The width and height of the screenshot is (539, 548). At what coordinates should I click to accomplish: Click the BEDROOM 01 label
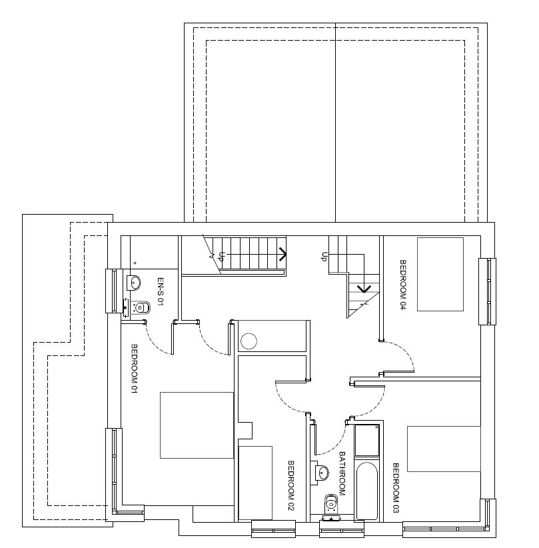pyautogui.click(x=134, y=369)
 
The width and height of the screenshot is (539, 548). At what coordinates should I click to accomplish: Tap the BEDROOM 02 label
pyautogui.click(x=290, y=485)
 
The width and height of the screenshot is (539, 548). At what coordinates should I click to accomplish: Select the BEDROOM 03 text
pyautogui.click(x=396, y=488)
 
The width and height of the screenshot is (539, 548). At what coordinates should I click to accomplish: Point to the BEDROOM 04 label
pyautogui.click(x=403, y=285)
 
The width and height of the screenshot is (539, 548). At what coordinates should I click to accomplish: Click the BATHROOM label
pyautogui.click(x=342, y=473)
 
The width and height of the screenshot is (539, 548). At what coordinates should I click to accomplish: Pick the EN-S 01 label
pyautogui.click(x=160, y=292)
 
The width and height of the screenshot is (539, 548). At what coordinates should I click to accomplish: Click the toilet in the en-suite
pyautogui.click(x=141, y=307)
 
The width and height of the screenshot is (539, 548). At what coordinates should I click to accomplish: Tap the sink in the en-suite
pyautogui.click(x=133, y=283)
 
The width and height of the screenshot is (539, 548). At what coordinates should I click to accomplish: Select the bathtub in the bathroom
pyautogui.click(x=367, y=491)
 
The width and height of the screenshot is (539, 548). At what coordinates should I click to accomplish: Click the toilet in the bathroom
pyautogui.click(x=331, y=503)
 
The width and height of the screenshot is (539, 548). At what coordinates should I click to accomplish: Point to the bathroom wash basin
pyautogui.click(x=322, y=473)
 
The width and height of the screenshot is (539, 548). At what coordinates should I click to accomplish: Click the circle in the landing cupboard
pyautogui.click(x=249, y=341)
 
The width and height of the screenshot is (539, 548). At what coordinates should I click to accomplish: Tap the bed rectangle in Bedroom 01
pyautogui.click(x=197, y=425)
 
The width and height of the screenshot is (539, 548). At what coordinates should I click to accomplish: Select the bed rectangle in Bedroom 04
pyautogui.click(x=440, y=275)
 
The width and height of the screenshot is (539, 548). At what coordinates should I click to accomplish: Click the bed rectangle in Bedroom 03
pyautogui.click(x=444, y=449)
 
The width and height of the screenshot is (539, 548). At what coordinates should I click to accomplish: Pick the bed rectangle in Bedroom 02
pyautogui.click(x=255, y=483)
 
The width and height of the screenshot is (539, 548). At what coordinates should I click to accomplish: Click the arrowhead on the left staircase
pyautogui.click(x=283, y=254)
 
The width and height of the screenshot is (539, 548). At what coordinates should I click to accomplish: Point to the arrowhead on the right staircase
pyautogui.click(x=364, y=289)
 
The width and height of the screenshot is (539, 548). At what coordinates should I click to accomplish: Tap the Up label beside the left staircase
pyautogui.click(x=221, y=257)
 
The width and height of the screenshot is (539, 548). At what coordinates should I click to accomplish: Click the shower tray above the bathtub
pyautogui.click(x=367, y=441)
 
